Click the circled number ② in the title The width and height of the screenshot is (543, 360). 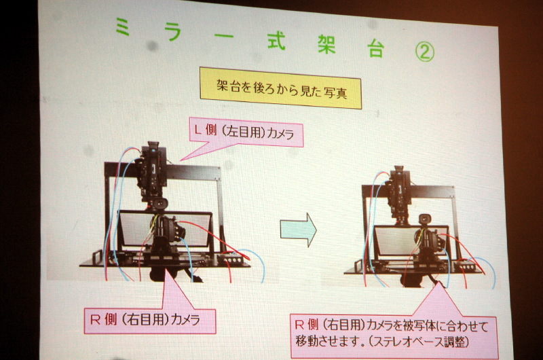click(425, 52)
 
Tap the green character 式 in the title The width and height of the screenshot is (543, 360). click(276, 41)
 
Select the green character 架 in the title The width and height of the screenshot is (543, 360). click(327, 44)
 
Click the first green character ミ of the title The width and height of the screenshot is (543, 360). click(123, 26)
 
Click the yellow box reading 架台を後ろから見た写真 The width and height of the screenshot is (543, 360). click(281, 88)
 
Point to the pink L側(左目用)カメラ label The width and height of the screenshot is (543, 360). click(246, 132)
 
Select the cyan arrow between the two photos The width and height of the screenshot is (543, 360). click(298, 230)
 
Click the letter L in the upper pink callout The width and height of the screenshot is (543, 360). click(198, 130)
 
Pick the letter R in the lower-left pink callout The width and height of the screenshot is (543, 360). click(95, 319)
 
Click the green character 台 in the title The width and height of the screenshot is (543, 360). click(376, 48)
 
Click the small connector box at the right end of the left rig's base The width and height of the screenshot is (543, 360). click(230, 259)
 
